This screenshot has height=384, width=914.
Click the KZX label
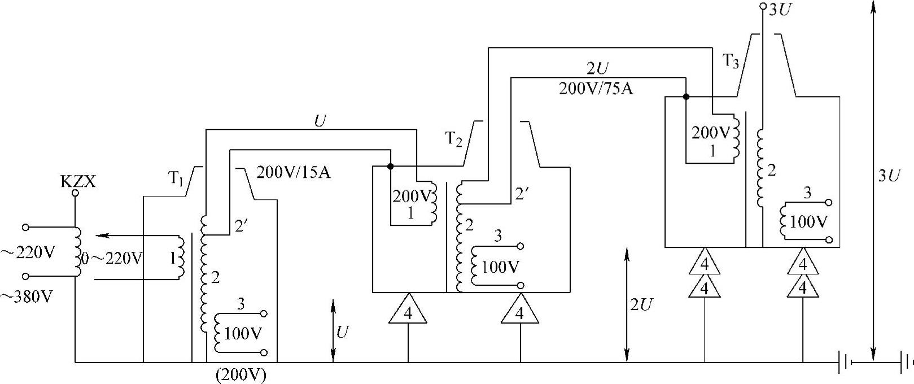click(x=78, y=182)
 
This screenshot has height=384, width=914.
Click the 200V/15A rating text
click(x=293, y=172)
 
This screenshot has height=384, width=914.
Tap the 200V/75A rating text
click(x=596, y=89)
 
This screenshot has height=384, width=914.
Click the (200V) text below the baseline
click(x=240, y=375)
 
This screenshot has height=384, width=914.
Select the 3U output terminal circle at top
click(x=762, y=7)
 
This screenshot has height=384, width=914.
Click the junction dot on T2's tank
click(x=390, y=167)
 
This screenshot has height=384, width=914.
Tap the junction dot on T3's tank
click(x=686, y=97)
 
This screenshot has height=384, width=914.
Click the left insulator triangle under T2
click(x=408, y=310)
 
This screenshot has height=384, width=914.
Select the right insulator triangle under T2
click(x=520, y=310)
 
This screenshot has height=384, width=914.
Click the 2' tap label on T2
click(x=522, y=194)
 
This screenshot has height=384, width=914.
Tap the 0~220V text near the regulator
click(x=112, y=259)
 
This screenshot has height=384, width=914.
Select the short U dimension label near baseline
click(x=343, y=332)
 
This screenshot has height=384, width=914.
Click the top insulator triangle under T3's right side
click(x=802, y=263)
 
